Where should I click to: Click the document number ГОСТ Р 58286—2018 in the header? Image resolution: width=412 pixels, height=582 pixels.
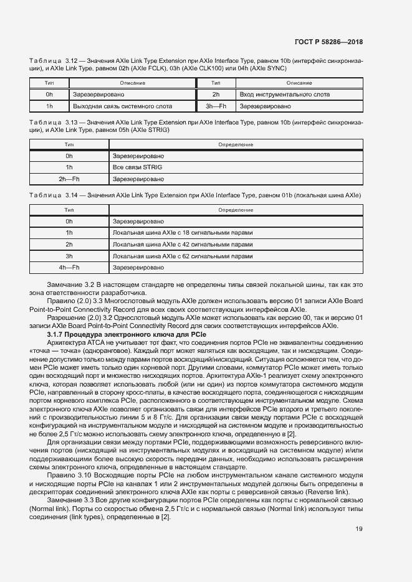[328, 42]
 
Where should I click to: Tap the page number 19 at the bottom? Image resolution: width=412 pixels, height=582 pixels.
[359, 529]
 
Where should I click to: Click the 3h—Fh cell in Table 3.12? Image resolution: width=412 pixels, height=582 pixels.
[216, 106]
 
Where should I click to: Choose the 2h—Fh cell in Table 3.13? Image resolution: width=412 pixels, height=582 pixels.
[69, 179]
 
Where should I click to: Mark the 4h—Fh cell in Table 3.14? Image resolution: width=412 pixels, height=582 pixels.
[69, 268]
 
